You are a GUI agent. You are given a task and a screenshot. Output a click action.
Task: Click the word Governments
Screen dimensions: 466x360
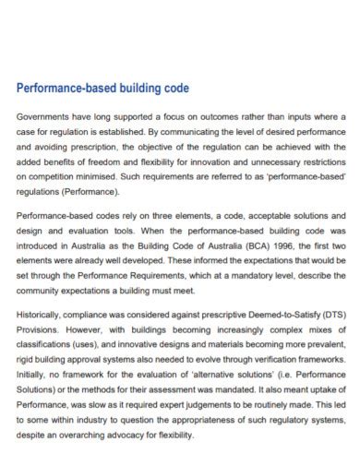42,117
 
